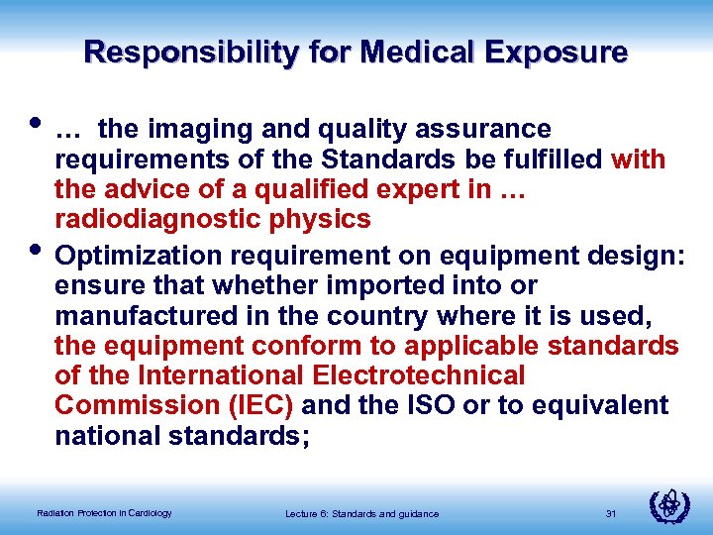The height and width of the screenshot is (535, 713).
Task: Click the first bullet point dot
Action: pos(39,125)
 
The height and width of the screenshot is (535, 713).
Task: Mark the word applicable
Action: pos(468,346)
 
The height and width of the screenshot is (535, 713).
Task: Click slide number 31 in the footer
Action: pos(610,512)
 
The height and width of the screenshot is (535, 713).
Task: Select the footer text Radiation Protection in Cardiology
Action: pos(104,512)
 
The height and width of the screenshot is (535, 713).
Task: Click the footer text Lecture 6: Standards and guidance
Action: pos(361,512)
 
